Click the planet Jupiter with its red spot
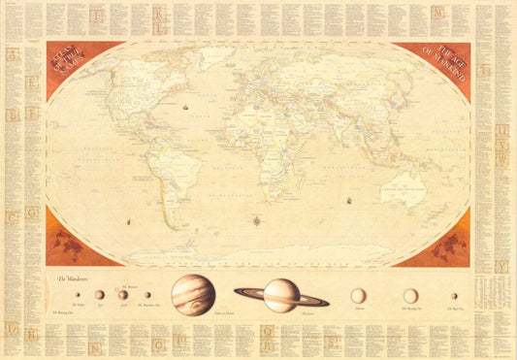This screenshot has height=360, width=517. click(x=193, y=294)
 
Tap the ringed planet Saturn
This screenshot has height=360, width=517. click(x=281, y=294)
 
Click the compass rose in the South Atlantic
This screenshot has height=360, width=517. click(x=257, y=221)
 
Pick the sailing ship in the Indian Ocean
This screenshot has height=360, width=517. click(x=346, y=202)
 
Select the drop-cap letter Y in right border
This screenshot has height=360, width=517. click(x=501, y=266)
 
